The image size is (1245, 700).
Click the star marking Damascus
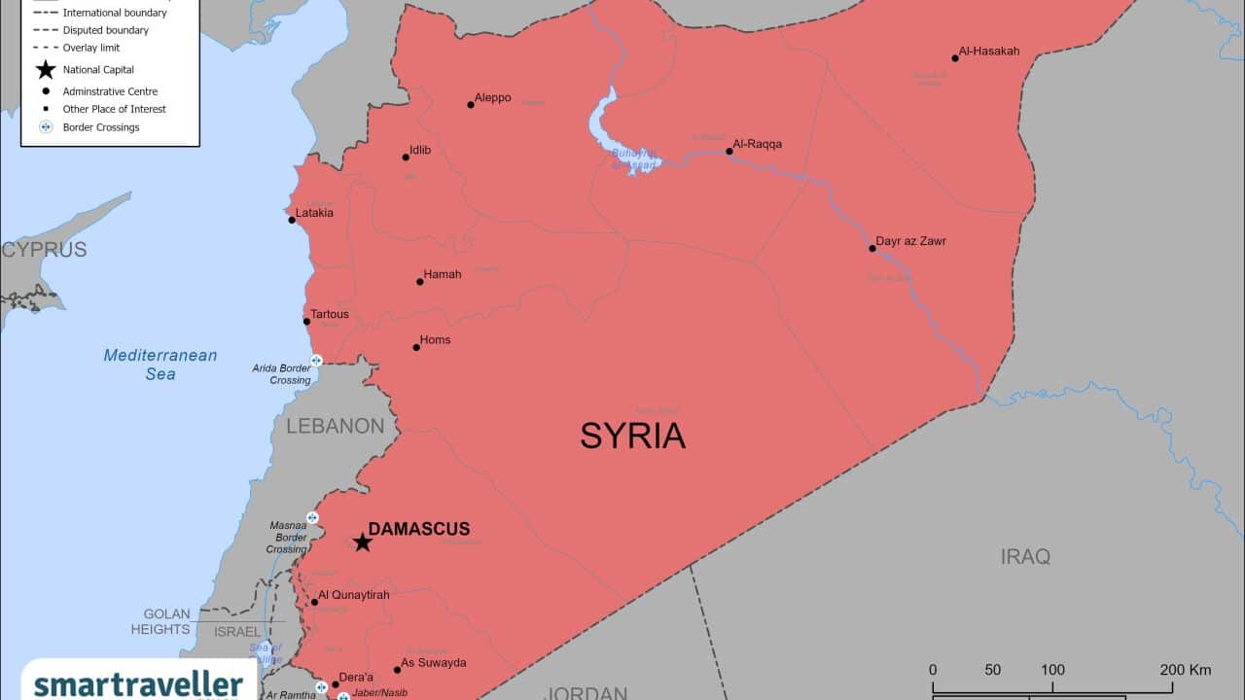[362, 542]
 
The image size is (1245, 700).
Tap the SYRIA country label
[632, 436]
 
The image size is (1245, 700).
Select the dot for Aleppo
[471, 104]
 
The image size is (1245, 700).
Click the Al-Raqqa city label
[758, 144]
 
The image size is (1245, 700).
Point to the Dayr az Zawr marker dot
[872, 248]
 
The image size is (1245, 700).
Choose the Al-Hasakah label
[989, 51]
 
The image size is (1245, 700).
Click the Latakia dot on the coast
[292, 220]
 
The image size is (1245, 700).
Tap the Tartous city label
[330, 314]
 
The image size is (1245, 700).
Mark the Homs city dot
[416, 347]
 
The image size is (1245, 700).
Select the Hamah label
[443, 274]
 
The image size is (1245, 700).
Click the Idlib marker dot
[406, 157]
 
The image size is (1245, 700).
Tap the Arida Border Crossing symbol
[315, 361]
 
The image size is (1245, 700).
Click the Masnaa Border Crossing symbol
[312, 517]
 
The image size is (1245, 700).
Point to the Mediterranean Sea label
[160, 365]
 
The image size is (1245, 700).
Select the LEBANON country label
[336, 426]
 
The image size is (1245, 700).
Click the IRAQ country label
[1025, 556]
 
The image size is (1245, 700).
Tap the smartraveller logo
[138, 683]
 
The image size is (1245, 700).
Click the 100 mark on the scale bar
[1052, 670]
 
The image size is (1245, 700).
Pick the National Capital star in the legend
[45, 70]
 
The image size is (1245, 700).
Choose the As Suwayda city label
[434, 663]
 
